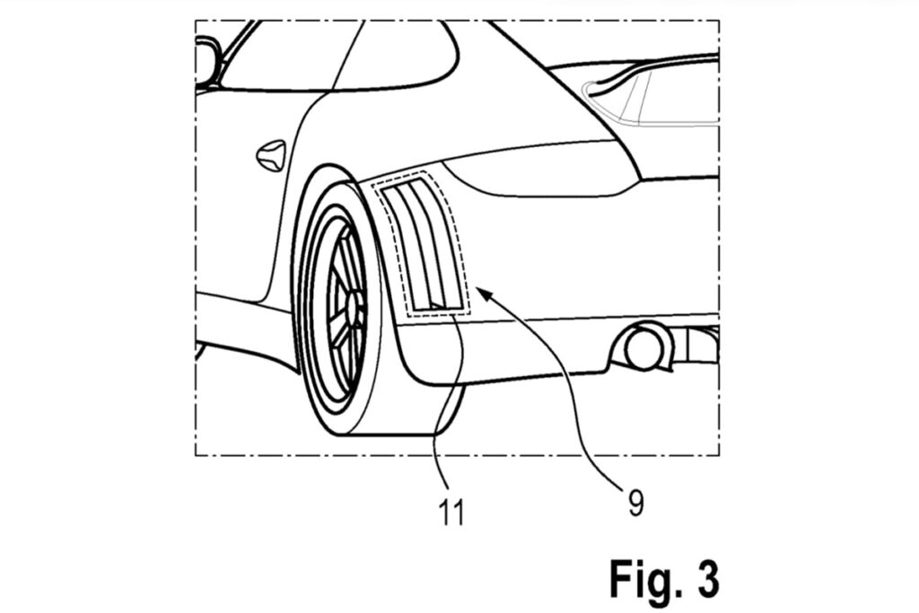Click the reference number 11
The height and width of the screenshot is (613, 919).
coord(451,512)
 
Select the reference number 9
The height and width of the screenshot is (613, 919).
coord(636,504)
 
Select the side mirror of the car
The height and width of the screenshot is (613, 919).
coord(206,61)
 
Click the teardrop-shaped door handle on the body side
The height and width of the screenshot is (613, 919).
coord(271,155)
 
